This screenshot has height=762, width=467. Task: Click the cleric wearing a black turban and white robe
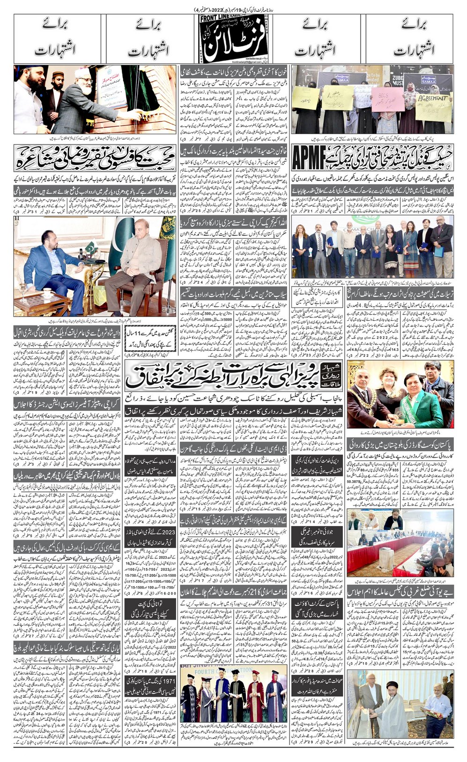[399, 710]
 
